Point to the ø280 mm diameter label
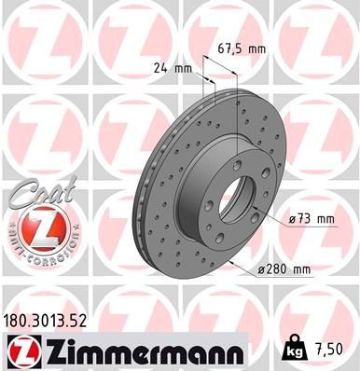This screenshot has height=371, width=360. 284,269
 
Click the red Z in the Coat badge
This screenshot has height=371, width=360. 35,226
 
